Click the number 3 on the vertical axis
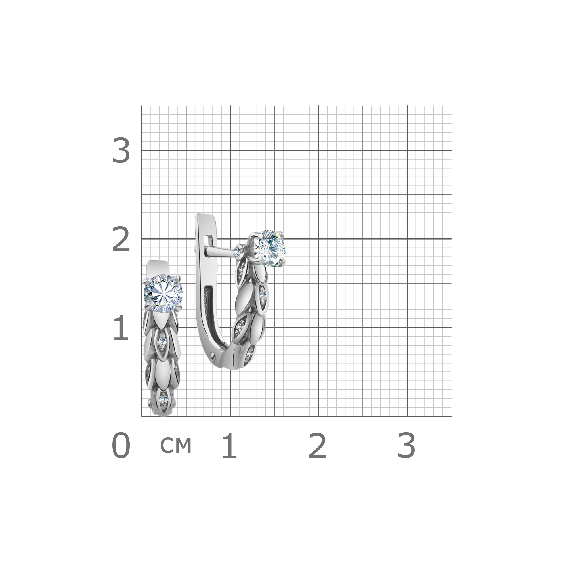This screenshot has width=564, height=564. (x=121, y=151)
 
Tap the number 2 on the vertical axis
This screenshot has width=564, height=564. (x=121, y=239)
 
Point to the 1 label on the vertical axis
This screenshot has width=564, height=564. (x=121, y=328)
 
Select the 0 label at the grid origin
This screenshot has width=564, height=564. (x=121, y=446)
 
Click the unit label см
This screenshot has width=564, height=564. (x=176, y=445)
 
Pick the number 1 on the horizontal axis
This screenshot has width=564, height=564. (x=230, y=446)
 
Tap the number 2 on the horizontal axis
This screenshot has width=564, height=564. (x=318, y=446)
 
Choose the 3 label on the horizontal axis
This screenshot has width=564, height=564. (x=406, y=446)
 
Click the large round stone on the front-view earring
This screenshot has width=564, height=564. (x=163, y=293)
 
